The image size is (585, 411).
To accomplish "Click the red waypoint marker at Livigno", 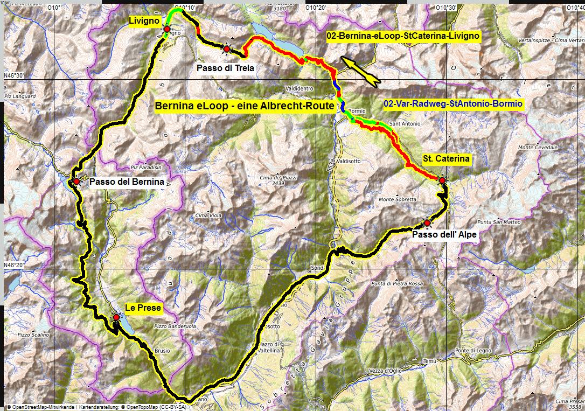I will point(167,29).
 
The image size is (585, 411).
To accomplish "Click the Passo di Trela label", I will point(225,68).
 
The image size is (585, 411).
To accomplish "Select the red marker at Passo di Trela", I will point(227,49).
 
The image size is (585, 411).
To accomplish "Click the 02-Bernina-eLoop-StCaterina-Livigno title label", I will point(403,36).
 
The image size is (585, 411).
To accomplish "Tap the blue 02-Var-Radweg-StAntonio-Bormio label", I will point(454,103).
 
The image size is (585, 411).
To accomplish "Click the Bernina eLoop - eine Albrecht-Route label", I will point(245,106).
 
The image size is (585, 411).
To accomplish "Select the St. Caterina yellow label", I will point(447,159).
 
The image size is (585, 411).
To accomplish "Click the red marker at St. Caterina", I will point(442,180).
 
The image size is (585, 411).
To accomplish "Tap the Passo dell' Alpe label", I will point(444,234).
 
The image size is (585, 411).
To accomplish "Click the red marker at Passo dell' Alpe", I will point(427,222).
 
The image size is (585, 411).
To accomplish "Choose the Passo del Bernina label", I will point(127,182).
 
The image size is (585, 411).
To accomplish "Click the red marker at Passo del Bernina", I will point(76,182).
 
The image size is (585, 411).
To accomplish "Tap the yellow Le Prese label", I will point(143,308).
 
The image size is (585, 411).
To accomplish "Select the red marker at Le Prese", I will point(116,317).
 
